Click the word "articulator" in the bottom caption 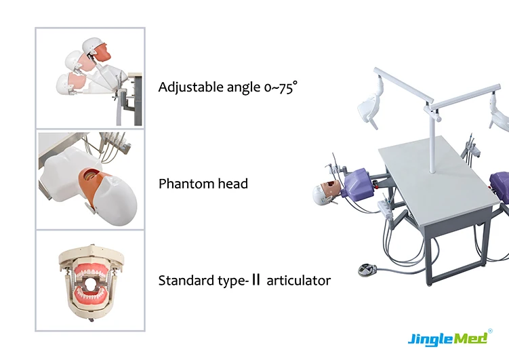[299, 280]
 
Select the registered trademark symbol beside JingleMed [490, 332]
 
